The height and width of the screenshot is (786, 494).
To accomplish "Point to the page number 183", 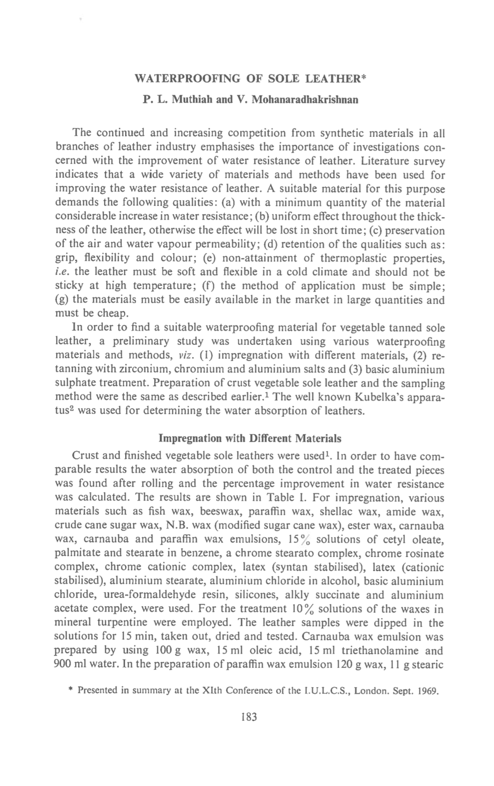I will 248,717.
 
